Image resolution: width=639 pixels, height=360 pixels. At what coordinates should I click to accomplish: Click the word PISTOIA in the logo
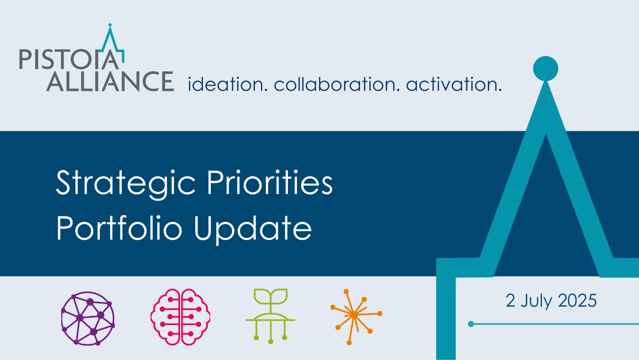[x=69, y=59]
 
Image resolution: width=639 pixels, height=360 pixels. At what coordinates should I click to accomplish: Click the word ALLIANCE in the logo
[x=110, y=81]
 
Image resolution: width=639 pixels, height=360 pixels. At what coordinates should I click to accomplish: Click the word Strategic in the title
[x=126, y=183]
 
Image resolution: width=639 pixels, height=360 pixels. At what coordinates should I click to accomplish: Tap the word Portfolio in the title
[x=119, y=228]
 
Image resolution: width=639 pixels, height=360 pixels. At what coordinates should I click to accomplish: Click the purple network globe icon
[x=88, y=318]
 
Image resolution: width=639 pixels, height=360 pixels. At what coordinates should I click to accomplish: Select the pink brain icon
[x=180, y=317]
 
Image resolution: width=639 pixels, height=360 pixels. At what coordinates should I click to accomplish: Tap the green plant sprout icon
[x=270, y=316]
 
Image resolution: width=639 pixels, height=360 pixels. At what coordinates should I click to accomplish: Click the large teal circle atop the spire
[x=545, y=69]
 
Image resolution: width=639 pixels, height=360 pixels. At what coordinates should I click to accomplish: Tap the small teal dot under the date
[x=471, y=324]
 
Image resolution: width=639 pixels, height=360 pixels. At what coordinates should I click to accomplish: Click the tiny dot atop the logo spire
[x=110, y=25]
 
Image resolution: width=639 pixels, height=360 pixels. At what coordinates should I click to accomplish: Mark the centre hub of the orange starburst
[x=354, y=315]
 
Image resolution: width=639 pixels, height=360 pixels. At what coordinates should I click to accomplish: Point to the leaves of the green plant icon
[x=270, y=296]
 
